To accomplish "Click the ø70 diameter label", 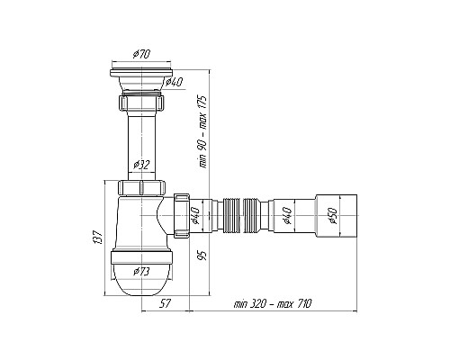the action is tap(141, 55).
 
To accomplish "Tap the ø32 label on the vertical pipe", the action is tap(141, 165).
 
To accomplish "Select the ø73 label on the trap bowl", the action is tap(141, 272).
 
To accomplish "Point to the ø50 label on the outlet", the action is tap(334, 216).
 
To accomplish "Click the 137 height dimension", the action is tap(98, 238).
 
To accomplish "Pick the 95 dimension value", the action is tap(203, 256).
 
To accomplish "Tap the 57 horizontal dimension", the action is tap(165, 304).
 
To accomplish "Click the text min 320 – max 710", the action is tap(273, 304).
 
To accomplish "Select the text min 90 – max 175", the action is tap(203, 132).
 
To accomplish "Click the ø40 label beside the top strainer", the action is tap(174, 82).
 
